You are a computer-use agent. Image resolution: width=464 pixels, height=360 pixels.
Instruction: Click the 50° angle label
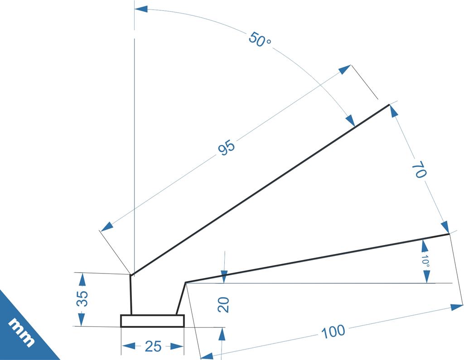point(260,40)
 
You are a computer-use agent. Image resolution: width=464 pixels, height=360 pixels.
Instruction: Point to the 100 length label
point(333,331)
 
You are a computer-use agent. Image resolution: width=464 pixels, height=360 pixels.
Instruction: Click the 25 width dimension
point(153,346)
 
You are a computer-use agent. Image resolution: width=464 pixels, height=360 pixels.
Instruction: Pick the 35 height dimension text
point(82,299)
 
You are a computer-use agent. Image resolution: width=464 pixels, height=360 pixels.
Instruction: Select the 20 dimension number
point(223,305)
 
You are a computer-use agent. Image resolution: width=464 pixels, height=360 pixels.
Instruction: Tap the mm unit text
point(21,332)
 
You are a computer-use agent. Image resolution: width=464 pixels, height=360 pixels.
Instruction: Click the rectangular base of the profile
point(152,321)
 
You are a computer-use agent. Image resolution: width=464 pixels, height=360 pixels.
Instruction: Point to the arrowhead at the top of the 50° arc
point(141,9)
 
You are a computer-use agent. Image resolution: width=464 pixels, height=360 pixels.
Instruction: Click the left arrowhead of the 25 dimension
point(128,346)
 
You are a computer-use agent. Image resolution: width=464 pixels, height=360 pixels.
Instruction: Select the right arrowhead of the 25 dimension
point(177,346)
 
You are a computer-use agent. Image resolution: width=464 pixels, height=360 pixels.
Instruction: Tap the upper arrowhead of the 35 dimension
point(82,280)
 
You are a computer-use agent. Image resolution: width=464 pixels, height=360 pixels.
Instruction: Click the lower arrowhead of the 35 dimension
point(82,320)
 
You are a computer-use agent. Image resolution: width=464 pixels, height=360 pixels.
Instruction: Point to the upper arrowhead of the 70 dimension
point(394,111)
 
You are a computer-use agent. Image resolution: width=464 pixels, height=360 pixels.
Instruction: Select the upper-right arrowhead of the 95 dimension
point(344,69)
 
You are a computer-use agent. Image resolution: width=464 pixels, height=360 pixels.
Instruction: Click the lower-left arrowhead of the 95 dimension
point(107,226)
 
